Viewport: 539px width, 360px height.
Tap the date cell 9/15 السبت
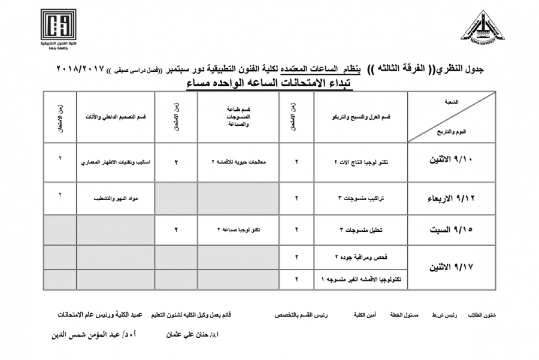[x=452, y=229]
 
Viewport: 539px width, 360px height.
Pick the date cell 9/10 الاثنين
[x=452, y=162]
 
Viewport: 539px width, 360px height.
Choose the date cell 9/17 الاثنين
[x=452, y=267]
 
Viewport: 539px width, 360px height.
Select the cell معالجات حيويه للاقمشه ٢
[x=238, y=162]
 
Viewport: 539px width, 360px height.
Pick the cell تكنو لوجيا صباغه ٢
[x=238, y=229]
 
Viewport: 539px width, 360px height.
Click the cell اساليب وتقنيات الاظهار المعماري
[x=115, y=162]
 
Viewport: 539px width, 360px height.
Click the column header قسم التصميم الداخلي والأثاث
[x=115, y=117]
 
